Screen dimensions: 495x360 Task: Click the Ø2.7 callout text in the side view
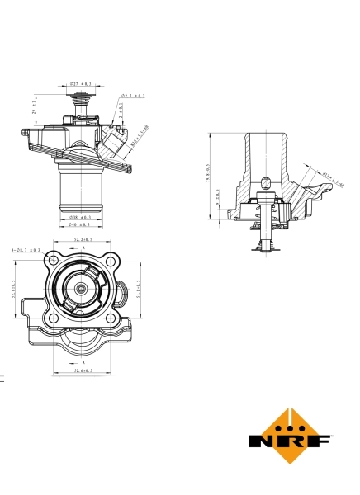[133, 97]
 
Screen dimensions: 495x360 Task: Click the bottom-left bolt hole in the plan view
[54, 318]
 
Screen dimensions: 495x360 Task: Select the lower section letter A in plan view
[83, 362]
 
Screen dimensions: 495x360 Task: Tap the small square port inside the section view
[264, 182]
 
